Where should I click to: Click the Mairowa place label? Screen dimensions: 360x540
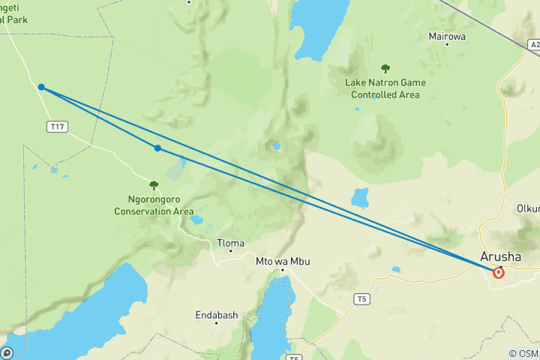click(446, 35)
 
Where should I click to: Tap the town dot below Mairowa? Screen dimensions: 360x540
click(447, 44)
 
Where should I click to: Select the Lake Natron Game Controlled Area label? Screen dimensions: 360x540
click(385, 88)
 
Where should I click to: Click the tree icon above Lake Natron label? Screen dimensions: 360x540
click(385, 69)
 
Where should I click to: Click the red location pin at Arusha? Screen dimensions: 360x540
click(499, 272)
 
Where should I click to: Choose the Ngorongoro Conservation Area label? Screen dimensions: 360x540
click(154, 205)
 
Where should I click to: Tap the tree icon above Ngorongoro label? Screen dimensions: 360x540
click(154, 185)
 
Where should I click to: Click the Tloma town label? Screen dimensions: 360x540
click(230, 243)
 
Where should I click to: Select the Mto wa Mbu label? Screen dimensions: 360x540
click(283, 261)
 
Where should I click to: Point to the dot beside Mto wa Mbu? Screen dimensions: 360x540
click(282, 270)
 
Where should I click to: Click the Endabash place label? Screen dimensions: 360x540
click(216, 315)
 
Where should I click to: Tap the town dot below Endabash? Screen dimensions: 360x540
click(216, 323)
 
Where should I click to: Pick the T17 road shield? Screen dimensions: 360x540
click(56, 127)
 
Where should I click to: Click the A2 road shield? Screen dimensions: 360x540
click(533, 45)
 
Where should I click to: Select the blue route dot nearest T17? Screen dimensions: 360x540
click(41, 87)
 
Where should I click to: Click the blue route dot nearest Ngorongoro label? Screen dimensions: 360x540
click(157, 148)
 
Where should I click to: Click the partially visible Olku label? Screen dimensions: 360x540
click(528, 208)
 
